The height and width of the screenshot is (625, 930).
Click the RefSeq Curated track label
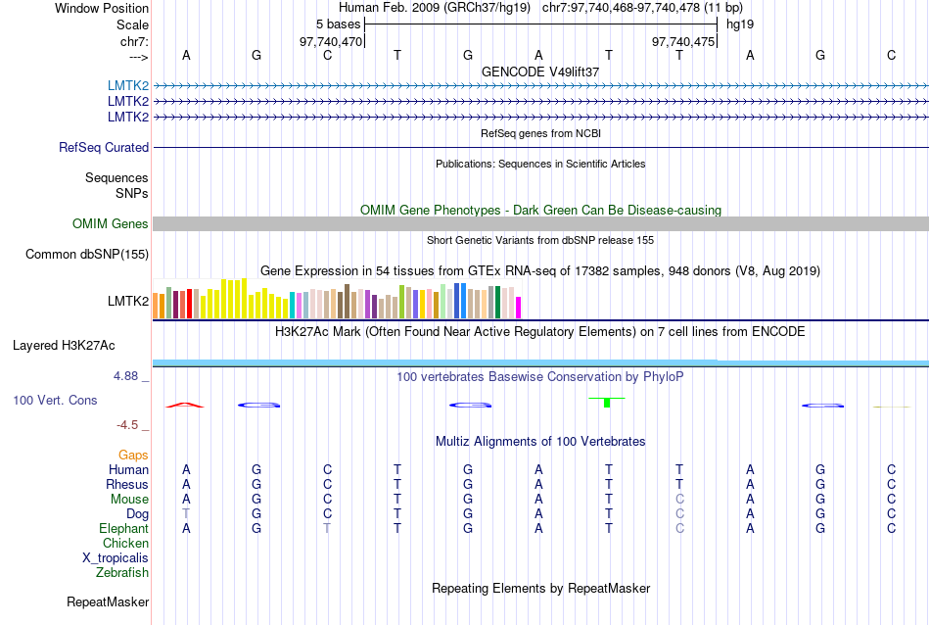coord(104,148)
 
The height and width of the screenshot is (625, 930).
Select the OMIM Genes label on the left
coord(111,224)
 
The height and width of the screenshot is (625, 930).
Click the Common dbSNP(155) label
coord(86,255)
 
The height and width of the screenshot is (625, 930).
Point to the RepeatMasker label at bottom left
coord(108,601)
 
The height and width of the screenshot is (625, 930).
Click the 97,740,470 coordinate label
coord(331,41)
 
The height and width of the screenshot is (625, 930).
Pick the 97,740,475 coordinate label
coord(683,41)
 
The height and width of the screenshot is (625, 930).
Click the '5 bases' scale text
coord(338,24)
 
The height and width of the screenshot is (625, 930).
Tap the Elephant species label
coord(122,529)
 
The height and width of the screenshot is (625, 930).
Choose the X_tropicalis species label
coord(116,558)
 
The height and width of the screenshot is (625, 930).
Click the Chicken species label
coord(125,544)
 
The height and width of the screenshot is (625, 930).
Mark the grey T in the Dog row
coord(186,514)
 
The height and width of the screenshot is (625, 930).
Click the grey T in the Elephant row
coord(328,529)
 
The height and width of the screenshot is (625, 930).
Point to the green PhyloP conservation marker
coord(608,401)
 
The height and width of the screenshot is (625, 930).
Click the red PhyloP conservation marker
coord(185,405)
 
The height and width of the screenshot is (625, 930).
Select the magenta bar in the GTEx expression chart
coord(519,308)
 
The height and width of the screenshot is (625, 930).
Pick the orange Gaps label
coord(133,456)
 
